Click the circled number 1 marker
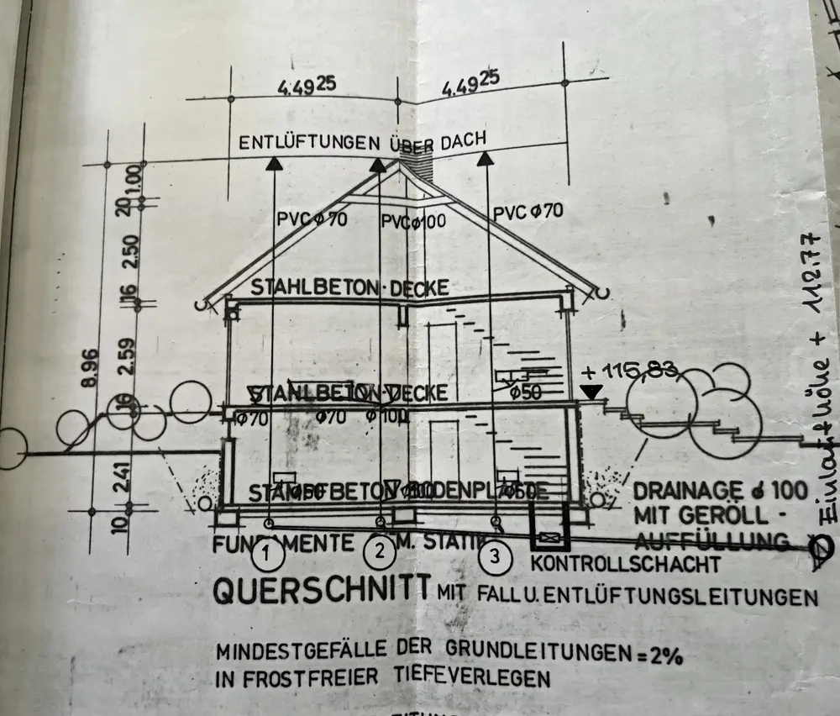click(x=267, y=554)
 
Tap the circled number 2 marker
click(x=380, y=552)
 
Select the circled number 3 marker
click(x=494, y=555)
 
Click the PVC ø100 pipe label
click(x=413, y=221)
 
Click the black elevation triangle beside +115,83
click(x=591, y=391)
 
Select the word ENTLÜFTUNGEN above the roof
click(x=309, y=143)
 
